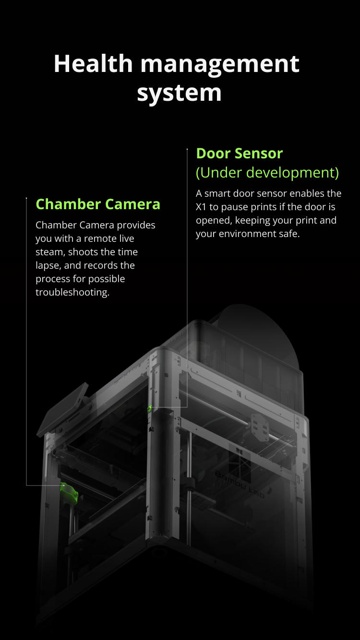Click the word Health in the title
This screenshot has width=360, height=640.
93,63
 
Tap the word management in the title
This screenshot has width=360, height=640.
220,65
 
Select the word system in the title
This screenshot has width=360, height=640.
180,94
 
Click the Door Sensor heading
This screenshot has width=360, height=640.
240,153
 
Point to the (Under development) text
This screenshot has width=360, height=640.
267,173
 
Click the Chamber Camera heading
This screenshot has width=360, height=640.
98,204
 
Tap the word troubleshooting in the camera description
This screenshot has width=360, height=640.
72,292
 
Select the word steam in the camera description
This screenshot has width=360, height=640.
50,252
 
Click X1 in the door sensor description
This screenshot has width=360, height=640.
201,207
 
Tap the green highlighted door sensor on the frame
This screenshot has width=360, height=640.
149,409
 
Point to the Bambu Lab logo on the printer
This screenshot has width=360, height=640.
240,485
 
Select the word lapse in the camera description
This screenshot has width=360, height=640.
48,266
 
